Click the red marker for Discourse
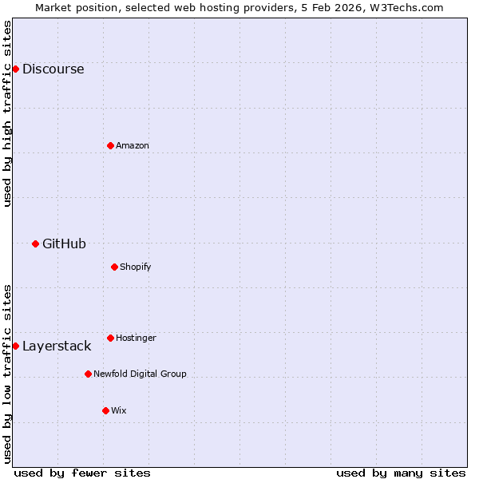click(x=15, y=69)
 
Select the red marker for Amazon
click(x=110, y=145)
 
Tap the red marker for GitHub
click(x=35, y=243)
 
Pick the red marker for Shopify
click(x=114, y=267)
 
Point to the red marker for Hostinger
click(x=110, y=338)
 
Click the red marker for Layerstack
click(x=15, y=346)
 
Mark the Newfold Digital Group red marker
click(x=88, y=374)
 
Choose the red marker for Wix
click(x=105, y=410)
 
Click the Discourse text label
click(x=53, y=69)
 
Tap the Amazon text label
click(x=133, y=145)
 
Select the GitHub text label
click(x=64, y=243)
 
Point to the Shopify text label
click(x=136, y=267)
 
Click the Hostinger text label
click(x=136, y=338)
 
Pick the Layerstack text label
click(x=57, y=346)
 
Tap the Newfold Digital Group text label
click(x=140, y=374)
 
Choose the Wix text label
click(x=119, y=410)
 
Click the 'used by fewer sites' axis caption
click(x=82, y=473)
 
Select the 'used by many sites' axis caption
click(x=401, y=473)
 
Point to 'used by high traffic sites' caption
click(x=8, y=113)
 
